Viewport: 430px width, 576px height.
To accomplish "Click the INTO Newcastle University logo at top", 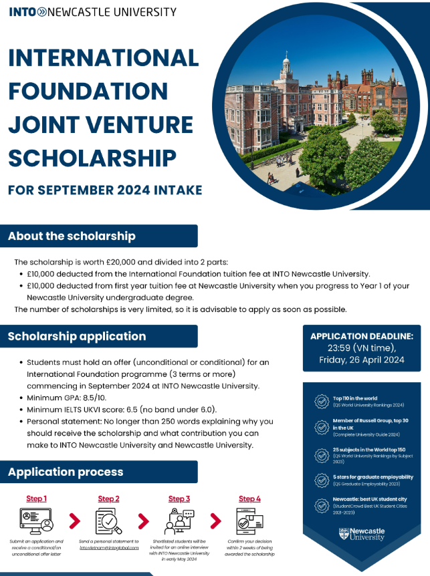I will pyautogui.click(x=92, y=11).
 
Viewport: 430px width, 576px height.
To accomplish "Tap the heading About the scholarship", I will pyautogui.click(x=72, y=236).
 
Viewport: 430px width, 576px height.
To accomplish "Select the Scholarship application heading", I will pyautogui.click(x=77, y=336).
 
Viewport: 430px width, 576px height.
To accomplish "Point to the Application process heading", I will pyautogui.click(x=66, y=472).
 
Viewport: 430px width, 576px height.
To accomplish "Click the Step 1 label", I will pyautogui.click(x=36, y=498).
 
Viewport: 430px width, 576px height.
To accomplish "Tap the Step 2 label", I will pyautogui.click(x=108, y=498).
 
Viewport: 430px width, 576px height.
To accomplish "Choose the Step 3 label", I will pyautogui.click(x=179, y=498).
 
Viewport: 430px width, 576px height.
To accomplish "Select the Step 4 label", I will pyautogui.click(x=249, y=498).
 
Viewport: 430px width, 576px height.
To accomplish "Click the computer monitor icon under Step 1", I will pyautogui.click(x=35, y=521).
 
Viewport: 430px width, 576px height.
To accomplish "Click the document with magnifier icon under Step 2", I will pyautogui.click(x=108, y=521).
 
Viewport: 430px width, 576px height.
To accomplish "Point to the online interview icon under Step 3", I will pyautogui.click(x=179, y=521).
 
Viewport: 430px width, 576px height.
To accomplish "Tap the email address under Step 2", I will pyautogui.click(x=109, y=548).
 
